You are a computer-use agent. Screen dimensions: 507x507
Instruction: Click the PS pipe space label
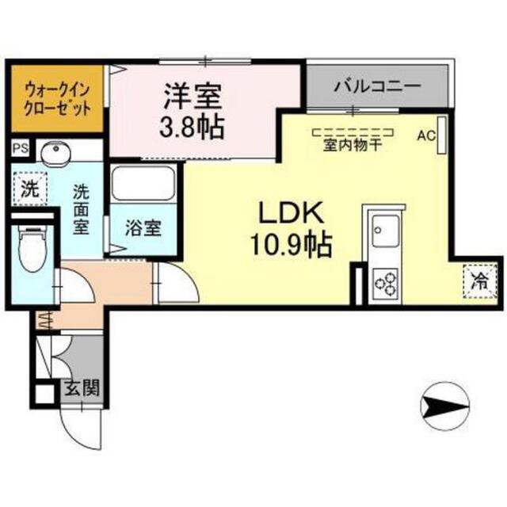(x=21, y=148)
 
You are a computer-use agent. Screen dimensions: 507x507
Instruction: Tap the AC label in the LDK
(x=426, y=135)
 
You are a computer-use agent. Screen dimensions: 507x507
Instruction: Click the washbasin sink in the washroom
(x=56, y=151)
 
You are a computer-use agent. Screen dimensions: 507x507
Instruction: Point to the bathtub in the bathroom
(x=143, y=183)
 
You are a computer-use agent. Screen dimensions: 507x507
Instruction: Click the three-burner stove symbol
(x=386, y=284)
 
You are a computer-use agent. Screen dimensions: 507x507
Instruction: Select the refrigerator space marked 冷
(x=480, y=280)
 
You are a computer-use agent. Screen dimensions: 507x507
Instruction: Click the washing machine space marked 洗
(x=30, y=189)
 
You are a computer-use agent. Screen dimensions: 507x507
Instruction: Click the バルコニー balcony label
(x=377, y=86)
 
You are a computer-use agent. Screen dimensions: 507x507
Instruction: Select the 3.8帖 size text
(x=192, y=127)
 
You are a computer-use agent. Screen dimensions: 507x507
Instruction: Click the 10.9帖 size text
(x=292, y=244)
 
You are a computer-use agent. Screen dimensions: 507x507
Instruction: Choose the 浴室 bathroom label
(x=143, y=227)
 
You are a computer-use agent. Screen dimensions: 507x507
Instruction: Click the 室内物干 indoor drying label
(x=353, y=145)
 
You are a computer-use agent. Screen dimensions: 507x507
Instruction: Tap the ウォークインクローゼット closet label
(x=58, y=99)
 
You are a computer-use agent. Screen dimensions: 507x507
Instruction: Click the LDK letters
(x=291, y=212)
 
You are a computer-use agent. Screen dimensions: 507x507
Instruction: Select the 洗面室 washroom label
(x=81, y=209)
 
